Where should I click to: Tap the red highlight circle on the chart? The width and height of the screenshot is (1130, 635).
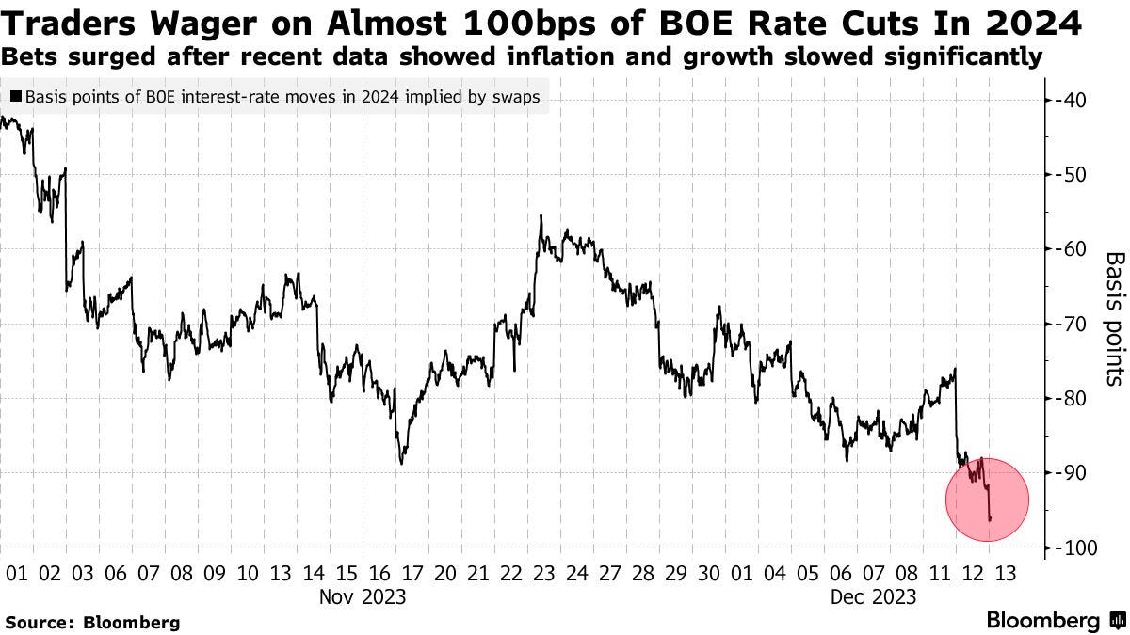pyautogui.click(x=986, y=500)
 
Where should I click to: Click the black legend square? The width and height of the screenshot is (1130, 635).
pyautogui.click(x=17, y=97)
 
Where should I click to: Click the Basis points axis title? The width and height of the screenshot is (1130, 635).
pyautogui.click(x=1114, y=318)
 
